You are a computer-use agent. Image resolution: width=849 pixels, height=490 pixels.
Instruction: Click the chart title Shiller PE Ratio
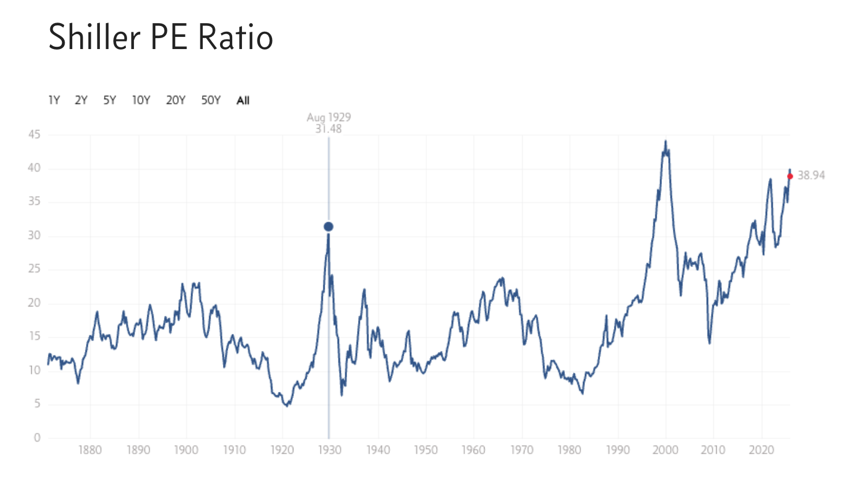161,38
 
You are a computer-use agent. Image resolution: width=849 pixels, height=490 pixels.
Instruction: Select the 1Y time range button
54,100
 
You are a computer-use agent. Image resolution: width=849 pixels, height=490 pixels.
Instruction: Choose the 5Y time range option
110,100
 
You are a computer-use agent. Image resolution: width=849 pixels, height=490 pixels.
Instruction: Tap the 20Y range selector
176,100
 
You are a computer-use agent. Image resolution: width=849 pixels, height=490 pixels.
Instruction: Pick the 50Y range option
211,100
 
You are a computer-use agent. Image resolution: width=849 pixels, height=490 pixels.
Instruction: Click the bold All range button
243,100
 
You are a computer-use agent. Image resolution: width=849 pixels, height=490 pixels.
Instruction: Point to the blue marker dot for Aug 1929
328,227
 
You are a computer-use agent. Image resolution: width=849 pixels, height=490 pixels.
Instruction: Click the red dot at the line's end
790,177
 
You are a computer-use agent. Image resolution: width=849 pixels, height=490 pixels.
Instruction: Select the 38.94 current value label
811,175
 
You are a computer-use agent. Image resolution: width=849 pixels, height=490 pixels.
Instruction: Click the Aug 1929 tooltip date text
329,117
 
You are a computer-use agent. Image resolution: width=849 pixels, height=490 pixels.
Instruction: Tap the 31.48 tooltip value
329,129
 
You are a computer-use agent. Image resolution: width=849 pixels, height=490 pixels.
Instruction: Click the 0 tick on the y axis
37,437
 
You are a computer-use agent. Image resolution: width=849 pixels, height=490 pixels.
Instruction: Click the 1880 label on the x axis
90,450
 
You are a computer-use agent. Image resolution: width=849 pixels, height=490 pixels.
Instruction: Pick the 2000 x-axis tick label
665,450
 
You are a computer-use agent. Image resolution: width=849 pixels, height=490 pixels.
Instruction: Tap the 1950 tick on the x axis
426,450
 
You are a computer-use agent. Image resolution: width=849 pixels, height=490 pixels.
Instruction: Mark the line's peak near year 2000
665,141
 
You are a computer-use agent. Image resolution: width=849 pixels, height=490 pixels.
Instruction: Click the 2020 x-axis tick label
761,450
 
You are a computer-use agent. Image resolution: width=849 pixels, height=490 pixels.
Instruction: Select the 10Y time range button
141,100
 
